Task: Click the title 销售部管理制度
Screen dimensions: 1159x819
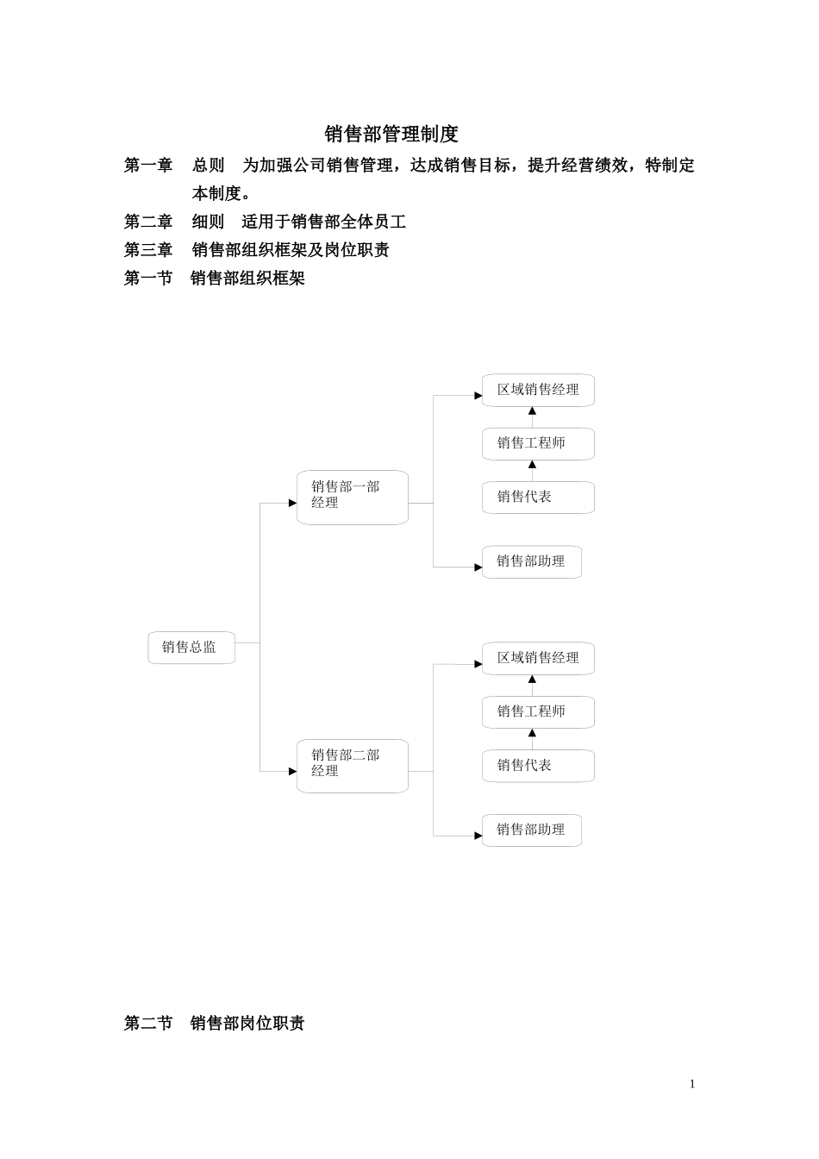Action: pos(391,134)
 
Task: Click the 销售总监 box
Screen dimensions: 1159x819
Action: pos(191,648)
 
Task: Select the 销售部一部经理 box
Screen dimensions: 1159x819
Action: pos(352,497)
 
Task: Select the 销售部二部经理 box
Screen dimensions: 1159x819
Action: pos(352,766)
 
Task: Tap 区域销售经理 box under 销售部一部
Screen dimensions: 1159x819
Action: pos(538,390)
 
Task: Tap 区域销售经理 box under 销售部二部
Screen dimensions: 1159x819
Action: pos(538,658)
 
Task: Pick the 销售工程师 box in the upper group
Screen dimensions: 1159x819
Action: pos(538,443)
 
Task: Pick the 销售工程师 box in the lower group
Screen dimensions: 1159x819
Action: pos(538,711)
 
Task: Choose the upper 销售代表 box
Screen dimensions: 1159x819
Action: pos(538,498)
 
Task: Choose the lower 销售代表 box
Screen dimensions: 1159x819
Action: pos(538,766)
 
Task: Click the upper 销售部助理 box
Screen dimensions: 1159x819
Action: pos(531,561)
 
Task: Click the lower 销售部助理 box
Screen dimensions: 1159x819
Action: pos(531,830)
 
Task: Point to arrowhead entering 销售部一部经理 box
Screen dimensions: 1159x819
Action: pos(292,503)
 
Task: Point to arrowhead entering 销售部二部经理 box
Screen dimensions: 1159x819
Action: pos(292,771)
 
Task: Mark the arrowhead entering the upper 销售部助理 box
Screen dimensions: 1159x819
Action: pos(478,567)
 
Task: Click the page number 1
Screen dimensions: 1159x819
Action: pos(691,1084)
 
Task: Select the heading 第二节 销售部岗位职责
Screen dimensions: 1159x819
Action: pos(215,1023)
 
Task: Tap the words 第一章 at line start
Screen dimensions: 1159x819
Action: pos(148,165)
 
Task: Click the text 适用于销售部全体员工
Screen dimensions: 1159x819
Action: pos(323,222)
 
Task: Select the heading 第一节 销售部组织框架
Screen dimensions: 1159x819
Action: pos(215,278)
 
